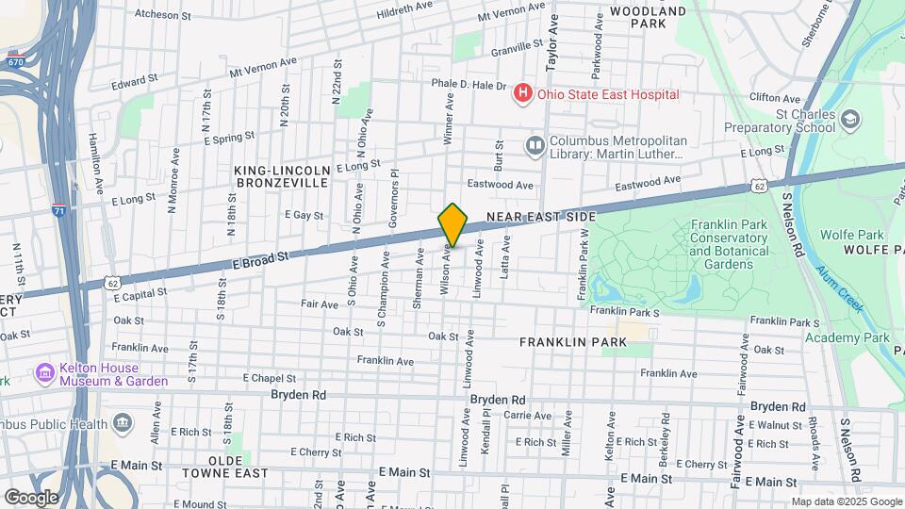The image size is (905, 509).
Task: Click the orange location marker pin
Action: pos(452,224)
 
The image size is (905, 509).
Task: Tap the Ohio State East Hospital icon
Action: pos(521,94)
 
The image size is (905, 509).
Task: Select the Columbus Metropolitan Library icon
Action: pos(535,145)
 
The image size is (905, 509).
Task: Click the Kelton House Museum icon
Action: pos(44,373)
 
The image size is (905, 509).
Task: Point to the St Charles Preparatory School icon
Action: pos(850,120)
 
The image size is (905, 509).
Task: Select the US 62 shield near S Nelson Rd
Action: pos(759,186)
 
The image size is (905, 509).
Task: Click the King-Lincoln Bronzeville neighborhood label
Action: pos(283,176)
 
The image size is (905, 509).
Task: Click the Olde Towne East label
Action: pos(225,472)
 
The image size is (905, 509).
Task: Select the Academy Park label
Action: pos(847,337)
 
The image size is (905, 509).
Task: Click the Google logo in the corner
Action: pos(31,497)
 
